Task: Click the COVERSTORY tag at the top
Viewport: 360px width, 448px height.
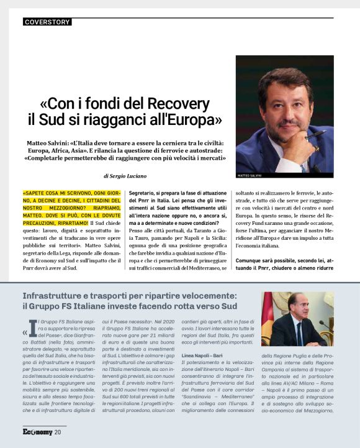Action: coord(47,22)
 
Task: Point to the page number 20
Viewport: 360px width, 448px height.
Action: coord(58,432)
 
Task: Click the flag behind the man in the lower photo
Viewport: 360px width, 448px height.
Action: coord(268,317)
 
